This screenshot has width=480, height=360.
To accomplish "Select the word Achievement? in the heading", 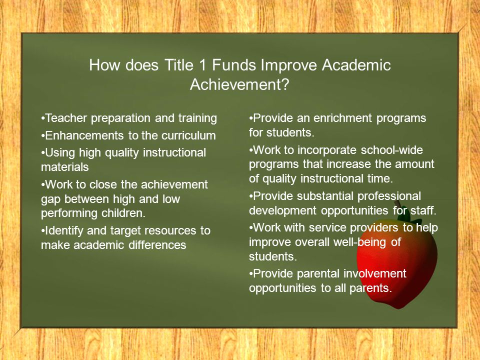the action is pos(239,84).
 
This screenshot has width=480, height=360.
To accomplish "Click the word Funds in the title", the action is pos(234,65).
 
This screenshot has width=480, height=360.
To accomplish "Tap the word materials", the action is pos(65,167).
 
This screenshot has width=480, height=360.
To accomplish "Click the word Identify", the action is pos(64,231).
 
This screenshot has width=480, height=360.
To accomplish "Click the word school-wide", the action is pos(392,150).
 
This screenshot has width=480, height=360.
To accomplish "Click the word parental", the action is pos(318,274).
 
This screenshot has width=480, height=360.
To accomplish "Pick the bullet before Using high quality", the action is pos(42,152).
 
